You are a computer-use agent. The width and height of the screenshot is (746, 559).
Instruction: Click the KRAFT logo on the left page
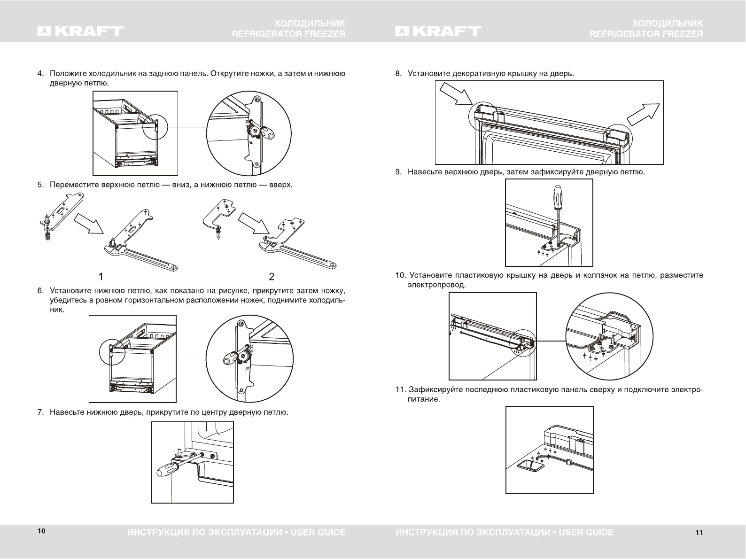[81, 31]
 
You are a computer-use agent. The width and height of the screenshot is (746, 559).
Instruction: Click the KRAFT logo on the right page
[438, 31]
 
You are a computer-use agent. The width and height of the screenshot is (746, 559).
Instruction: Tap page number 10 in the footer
[41, 531]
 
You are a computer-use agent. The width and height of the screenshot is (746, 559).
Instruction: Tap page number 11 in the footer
[699, 532]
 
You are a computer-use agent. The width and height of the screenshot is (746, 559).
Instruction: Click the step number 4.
[41, 73]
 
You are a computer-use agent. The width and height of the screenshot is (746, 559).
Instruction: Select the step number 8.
[398, 73]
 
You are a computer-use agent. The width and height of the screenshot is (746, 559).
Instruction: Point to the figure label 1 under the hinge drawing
[101, 276]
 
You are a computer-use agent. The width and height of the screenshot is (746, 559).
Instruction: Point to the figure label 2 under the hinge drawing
[271, 276]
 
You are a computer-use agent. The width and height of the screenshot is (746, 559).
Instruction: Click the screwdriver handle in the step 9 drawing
[557, 197]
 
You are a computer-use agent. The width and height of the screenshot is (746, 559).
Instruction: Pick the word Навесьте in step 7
[65, 412]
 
